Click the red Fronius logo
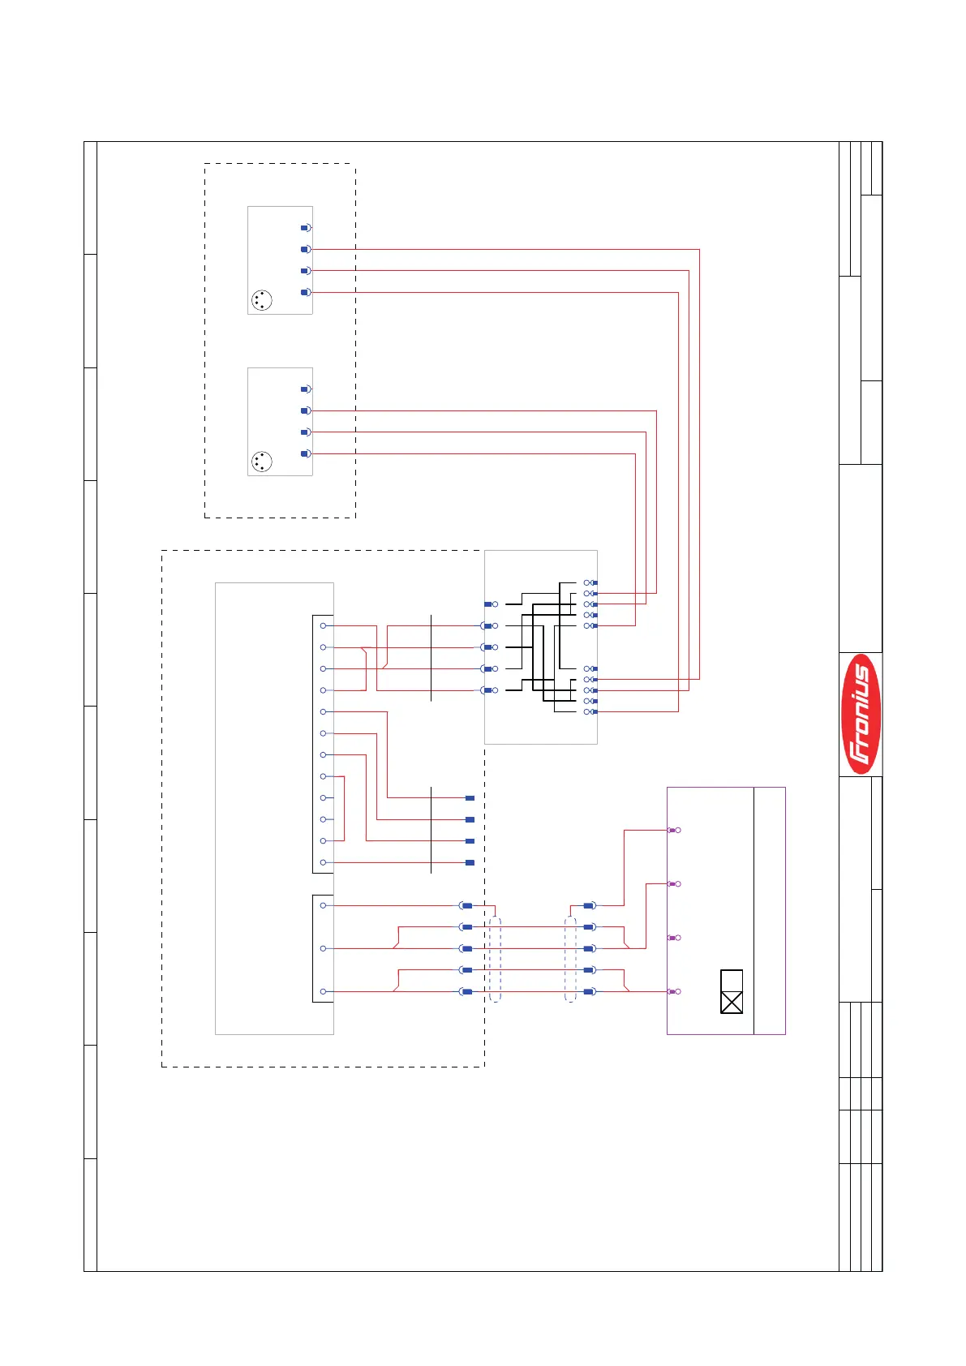860,714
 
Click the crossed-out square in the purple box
732,1003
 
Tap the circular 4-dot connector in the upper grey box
261,300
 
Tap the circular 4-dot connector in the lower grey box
261,462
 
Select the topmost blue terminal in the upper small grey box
306,228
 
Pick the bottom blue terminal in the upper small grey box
306,292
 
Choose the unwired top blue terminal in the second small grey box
306,389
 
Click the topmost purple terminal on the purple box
673,830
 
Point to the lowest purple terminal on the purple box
673,991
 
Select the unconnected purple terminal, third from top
673,938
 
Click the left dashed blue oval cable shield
496,959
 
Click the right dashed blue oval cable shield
570,959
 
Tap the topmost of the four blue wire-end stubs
470,798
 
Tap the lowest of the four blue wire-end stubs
470,862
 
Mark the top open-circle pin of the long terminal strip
324,625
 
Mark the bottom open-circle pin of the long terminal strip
324,862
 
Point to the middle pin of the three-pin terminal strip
324,948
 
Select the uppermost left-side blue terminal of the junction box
490,604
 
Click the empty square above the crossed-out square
732,981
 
